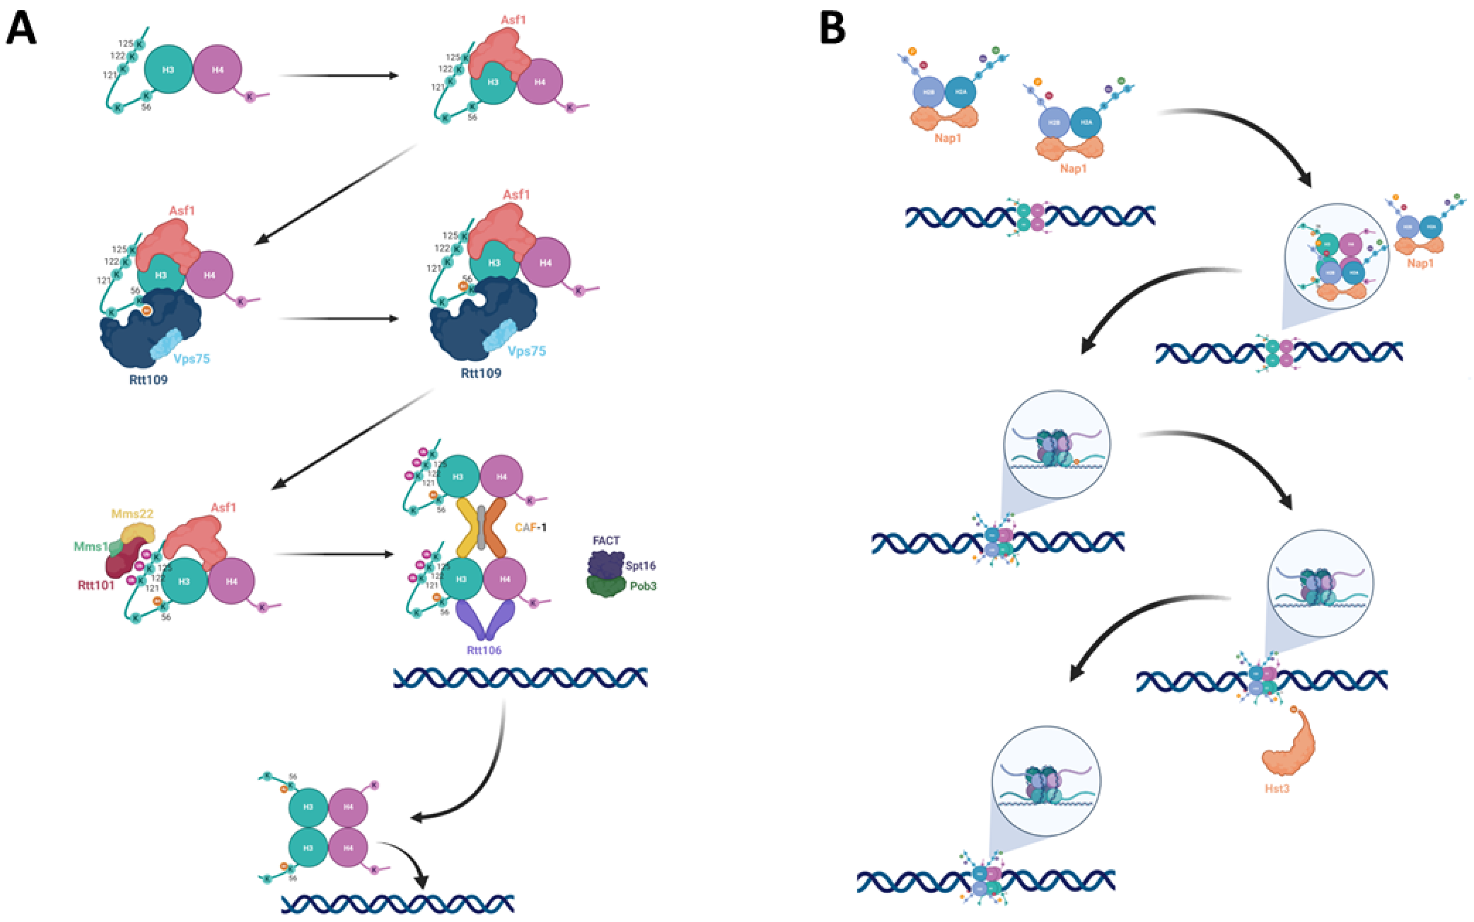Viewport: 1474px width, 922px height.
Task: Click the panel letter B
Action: click(833, 29)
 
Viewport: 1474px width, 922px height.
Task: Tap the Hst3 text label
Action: click(1277, 788)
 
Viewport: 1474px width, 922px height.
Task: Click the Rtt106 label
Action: click(484, 650)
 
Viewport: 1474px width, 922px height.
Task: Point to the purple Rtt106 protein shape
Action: click(484, 619)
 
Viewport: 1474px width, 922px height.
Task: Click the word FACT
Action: click(606, 540)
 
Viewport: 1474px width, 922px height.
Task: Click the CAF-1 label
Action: click(530, 527)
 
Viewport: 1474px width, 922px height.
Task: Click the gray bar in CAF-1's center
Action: click(481, 527)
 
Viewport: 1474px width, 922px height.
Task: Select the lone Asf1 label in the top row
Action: click(513, 20)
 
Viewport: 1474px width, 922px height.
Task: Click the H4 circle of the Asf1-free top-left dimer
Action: click(217, 69)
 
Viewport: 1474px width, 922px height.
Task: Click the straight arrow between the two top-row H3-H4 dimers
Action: click(338, 75)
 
